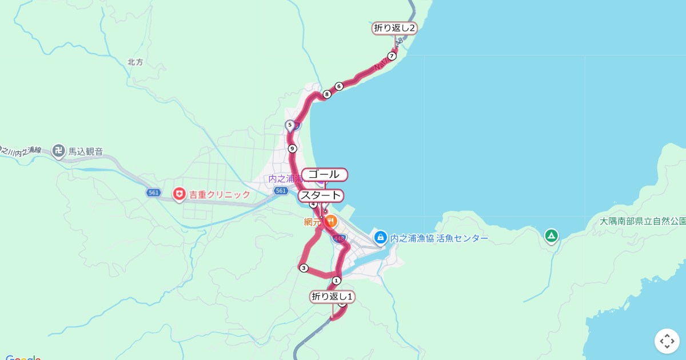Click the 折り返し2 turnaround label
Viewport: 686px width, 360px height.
(x=394, y=28)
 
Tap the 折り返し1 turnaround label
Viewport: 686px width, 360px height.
(x=333, y=297)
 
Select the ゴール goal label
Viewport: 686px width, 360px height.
(x=324, y=174)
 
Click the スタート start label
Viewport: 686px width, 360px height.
(x=321, y=196)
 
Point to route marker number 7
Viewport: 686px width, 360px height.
(x=392, y=56)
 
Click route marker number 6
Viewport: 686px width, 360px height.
(x=339, y=86)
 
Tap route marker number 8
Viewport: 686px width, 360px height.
(x=327, y=94)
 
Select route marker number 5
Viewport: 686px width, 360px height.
(x=290, y=125)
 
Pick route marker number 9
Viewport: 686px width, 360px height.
(x=293, y=149)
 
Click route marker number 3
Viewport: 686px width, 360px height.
(x=304, y=268)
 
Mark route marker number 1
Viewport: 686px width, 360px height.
(x=336, y=280)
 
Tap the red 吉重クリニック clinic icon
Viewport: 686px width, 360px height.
(x=179, y=194)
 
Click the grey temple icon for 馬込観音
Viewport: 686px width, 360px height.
(x=58, y=151)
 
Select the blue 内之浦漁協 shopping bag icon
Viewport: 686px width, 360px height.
(x=380, y=237)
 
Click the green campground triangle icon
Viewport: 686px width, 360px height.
(x=551, y=235)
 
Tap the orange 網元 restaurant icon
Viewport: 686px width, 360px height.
(x=331, y=221)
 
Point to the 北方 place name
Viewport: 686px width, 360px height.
(x=135, y=62)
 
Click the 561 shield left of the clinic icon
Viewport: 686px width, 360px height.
(x=153, y=193)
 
